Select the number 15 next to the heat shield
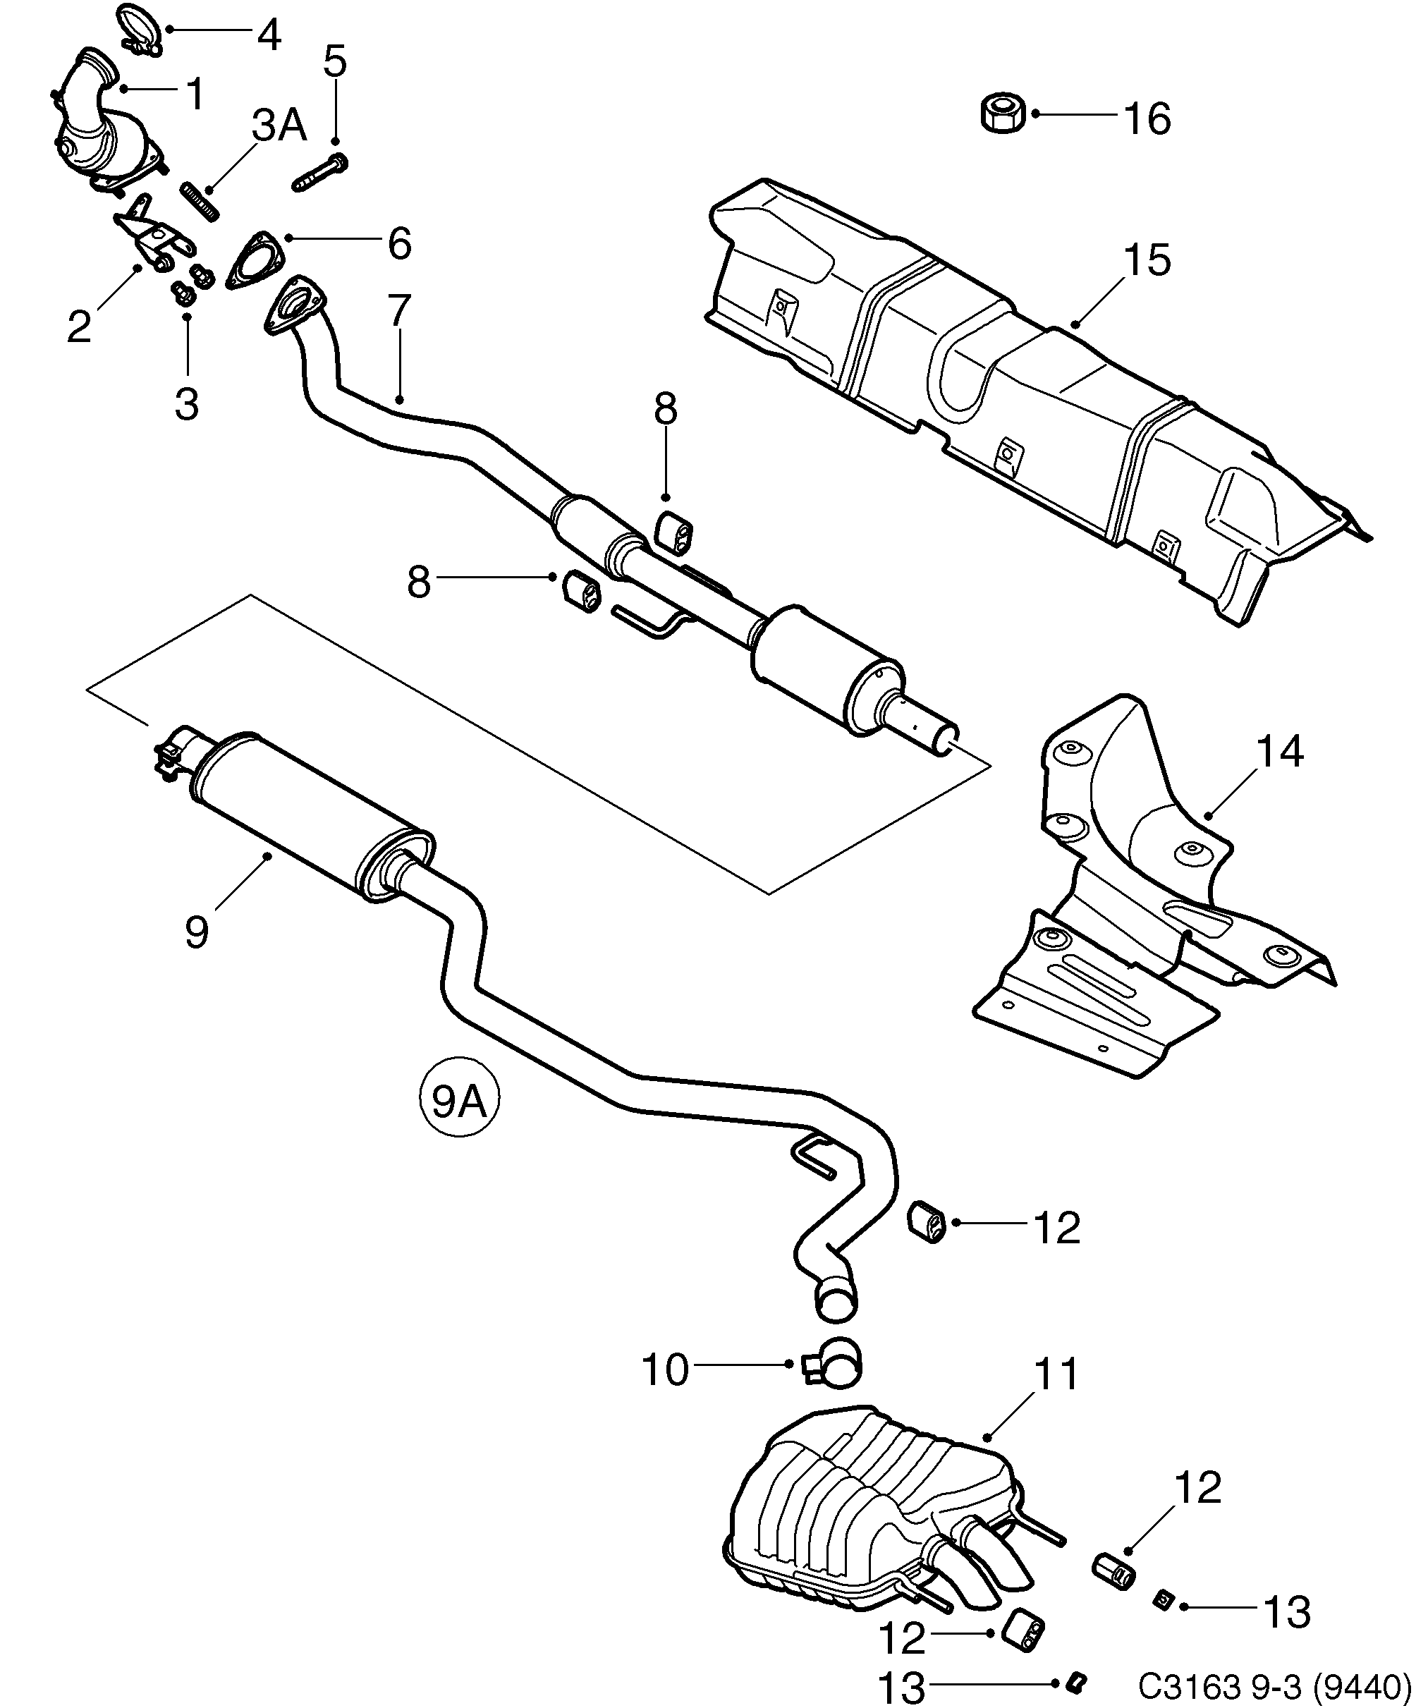[1147, 260]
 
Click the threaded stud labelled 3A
[200, 201]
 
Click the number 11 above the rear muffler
[1056, 1374]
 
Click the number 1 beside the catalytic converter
[195, 94]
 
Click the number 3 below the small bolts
[187, 403]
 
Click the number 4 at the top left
[269, 36]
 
